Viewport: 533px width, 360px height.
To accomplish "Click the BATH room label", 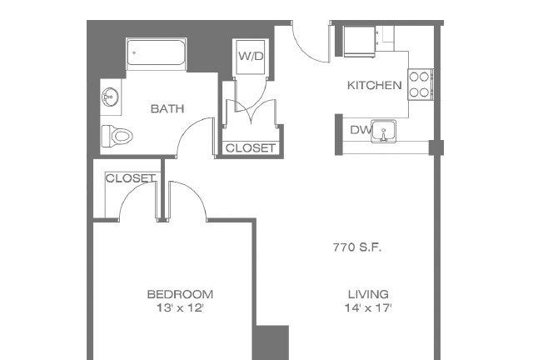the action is tap(167, 109).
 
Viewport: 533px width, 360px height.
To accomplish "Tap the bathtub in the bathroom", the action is tap(156, 53).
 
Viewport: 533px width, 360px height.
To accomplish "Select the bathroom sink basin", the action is tap(110, 97).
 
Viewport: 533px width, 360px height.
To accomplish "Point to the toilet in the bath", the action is tap(117, 136).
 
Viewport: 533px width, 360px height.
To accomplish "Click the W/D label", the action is tap(251, 56).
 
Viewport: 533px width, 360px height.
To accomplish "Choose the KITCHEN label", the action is tap(374, 85).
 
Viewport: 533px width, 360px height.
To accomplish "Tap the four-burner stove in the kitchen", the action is tap(420, 84).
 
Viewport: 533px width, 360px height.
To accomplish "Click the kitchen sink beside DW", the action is tap(383, 131).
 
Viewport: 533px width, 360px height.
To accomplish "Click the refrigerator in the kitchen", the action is tap(359, 41).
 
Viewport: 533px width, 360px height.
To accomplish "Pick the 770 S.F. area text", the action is tap(357, 247).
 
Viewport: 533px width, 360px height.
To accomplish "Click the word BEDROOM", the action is tap(180, 294).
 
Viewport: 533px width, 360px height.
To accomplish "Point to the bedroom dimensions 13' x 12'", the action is tap(180, 308).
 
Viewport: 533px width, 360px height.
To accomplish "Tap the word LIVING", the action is tap(368, 294).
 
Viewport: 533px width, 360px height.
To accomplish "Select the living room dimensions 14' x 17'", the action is tap(368, 308).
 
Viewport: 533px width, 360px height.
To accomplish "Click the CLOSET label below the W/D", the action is tap(251, 148).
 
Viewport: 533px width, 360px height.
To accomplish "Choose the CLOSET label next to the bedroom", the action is tap(131, 178).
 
